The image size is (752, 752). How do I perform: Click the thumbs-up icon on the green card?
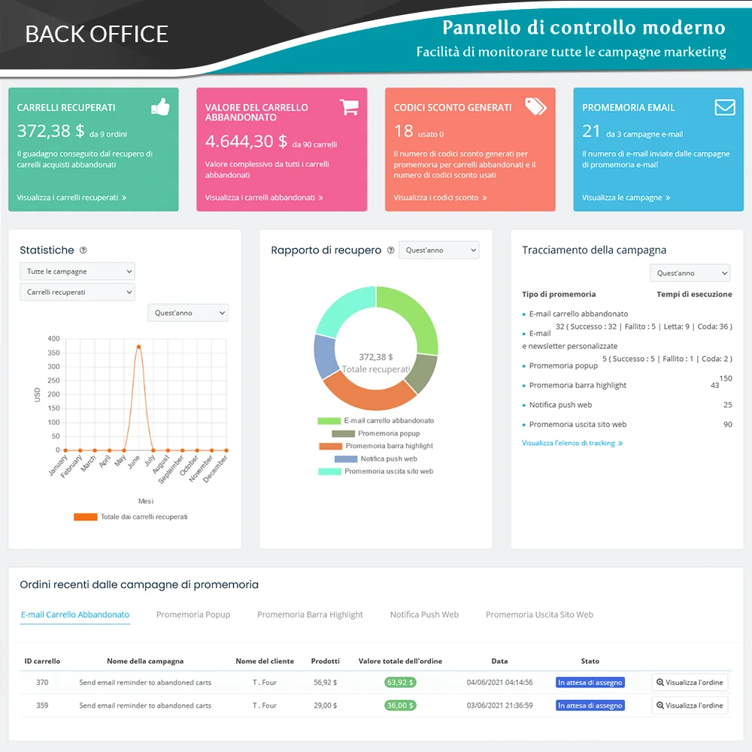pyautogui.click(x=160, y=107)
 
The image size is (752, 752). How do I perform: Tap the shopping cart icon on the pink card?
pyautogui.click(x=349, y=107)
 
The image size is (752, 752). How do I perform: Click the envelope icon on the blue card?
pyautogui.click(x=725, y=107)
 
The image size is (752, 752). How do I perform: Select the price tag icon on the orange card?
pyautogui.click(x=535, y=106)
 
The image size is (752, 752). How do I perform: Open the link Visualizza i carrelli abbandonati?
pyautogui.click(x=264, y=198)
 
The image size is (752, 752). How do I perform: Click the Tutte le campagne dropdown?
pyautogui.click(x=77, y=271)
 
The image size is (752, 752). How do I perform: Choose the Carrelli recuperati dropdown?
pyautogui.click(x=77, y=292)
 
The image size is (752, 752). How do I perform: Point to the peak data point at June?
pyautogui.click(x=138, y=347)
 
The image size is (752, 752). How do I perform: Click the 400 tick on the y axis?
pyautogui.click(x=53, y=338)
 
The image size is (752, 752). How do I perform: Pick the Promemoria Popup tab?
pyautogui.click(x=193, y=614)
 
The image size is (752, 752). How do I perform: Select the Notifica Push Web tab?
pyautogui.click(x=424, y=614)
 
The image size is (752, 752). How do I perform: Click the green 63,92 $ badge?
pyautogui.click(x=400, y=683)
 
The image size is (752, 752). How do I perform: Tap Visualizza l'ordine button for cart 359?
pyautogui.click(x=690, y=705)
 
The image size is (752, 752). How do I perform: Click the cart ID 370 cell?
pyautogui.click(x=42, y=683)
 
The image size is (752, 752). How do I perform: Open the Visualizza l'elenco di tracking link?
pyautogui.click(x=572, y=444)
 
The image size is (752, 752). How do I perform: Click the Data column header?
pyautogui.click(x=499, y=661)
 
